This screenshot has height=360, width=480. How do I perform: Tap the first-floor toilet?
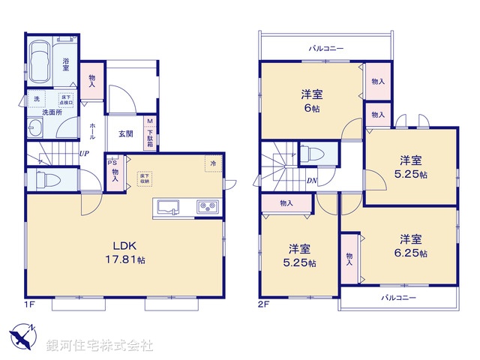46,181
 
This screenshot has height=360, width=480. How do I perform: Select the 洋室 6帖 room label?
313,100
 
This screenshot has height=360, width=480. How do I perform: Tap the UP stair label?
85,154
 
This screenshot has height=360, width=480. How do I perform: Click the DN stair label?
310,181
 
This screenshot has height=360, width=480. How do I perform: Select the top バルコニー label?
326,49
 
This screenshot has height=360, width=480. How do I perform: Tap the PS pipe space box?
112,162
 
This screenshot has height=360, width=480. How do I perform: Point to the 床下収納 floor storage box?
142,178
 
